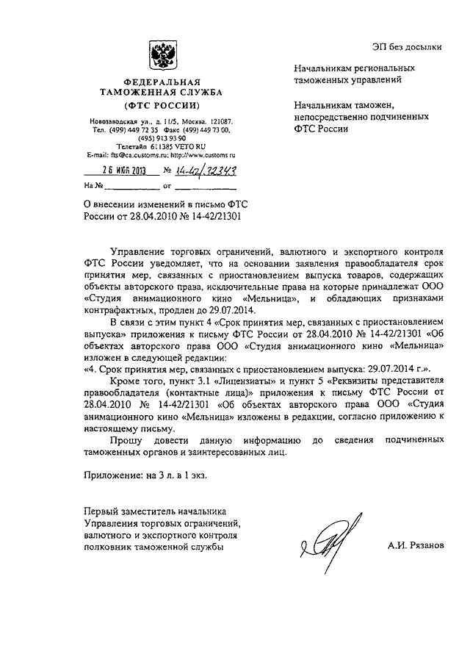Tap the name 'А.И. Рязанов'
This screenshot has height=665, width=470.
click(416, 547)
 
